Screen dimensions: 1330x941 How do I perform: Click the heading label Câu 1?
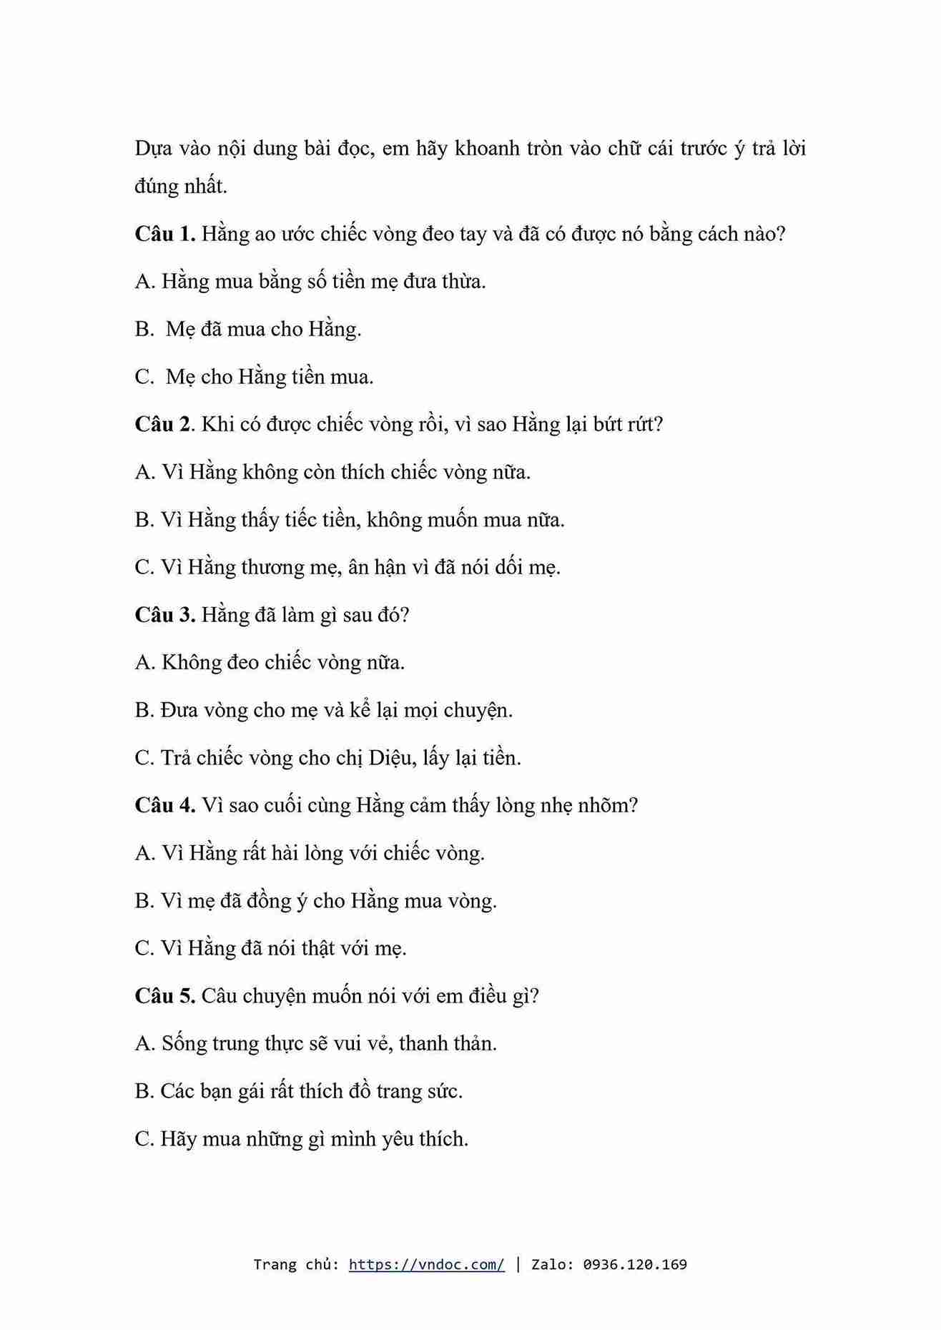164,234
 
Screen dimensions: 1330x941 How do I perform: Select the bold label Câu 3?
164,615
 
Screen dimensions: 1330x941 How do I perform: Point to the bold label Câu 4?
164,805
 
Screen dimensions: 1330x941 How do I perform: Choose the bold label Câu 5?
164,995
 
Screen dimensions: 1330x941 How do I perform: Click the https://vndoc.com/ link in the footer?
426,1264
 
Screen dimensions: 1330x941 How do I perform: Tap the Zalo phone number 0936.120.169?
635,1264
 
